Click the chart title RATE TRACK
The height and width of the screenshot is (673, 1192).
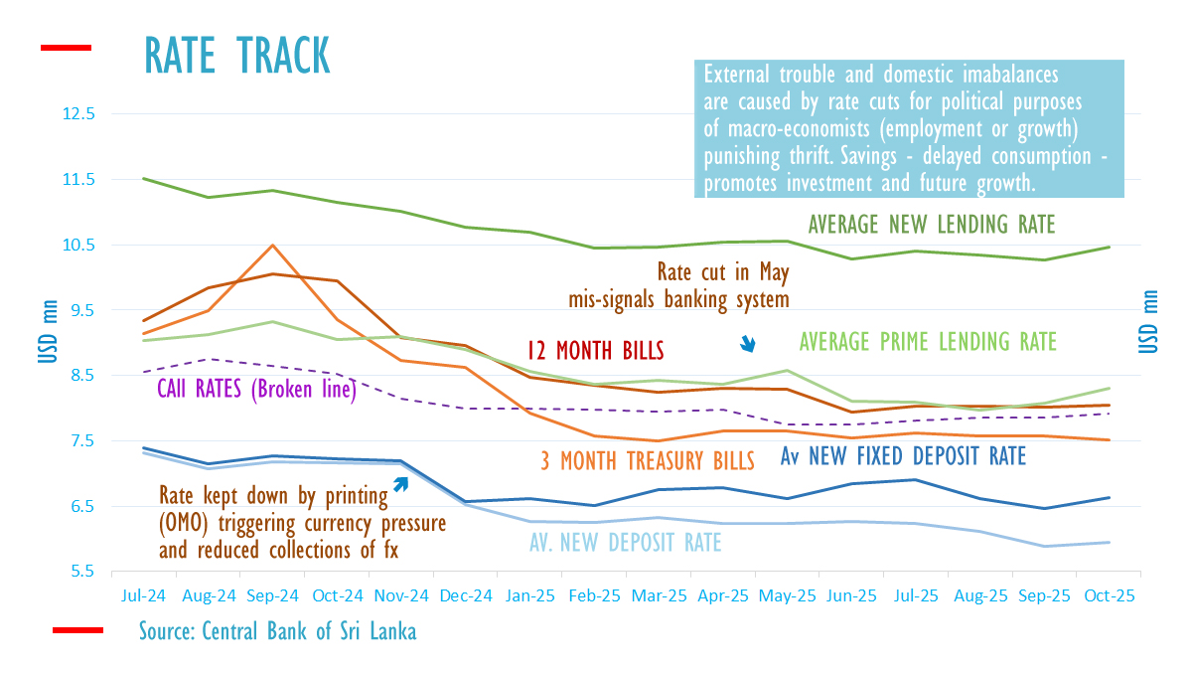coord(237,55)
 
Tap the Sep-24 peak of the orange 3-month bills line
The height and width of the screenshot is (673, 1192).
coord(273,246)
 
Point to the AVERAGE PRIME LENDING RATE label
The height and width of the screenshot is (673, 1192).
coord(928,341)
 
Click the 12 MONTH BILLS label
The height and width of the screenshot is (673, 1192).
coord(596,351)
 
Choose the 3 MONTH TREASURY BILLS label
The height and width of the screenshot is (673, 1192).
coord(647,459)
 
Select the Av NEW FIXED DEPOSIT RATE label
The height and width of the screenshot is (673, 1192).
coord(903,456)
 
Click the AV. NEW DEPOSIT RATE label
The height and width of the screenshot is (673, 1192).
coord(626,542)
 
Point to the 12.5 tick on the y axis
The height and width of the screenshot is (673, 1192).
coord(78,114)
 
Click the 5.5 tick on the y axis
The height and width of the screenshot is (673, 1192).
coord(82,572)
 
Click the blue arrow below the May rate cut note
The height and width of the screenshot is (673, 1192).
coord(749,344)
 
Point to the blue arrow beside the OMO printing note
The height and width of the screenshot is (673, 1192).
coord(400,484)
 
